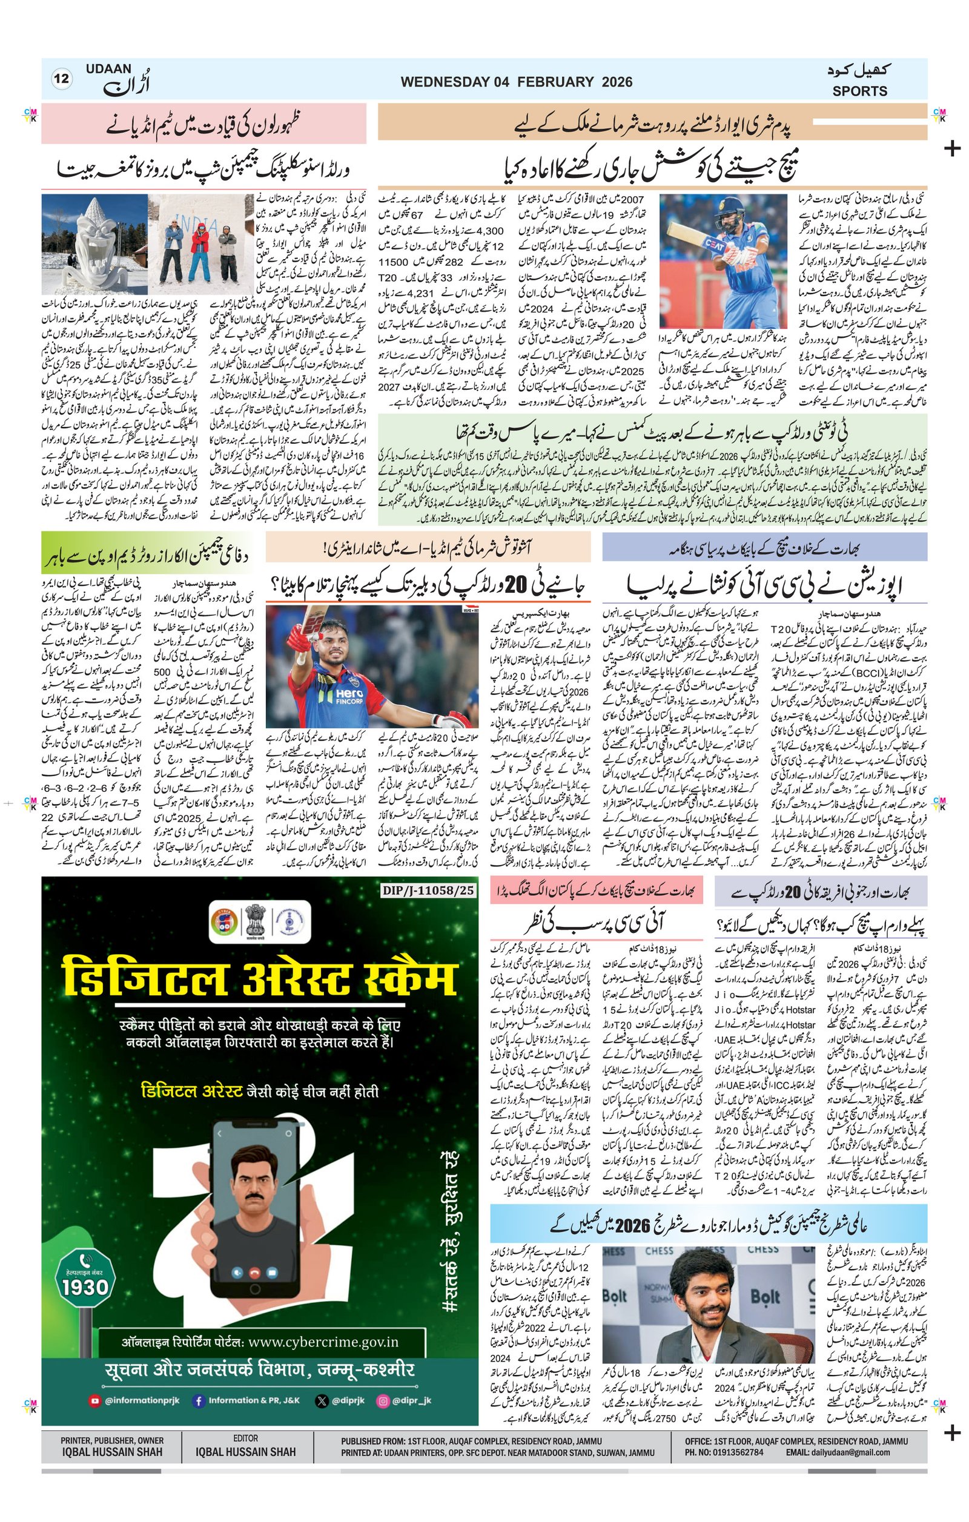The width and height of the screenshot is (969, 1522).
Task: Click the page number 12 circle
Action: point(62,79)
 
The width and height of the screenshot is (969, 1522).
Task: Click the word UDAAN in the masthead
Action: point(110,69)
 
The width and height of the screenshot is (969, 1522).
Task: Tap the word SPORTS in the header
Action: point(859,91)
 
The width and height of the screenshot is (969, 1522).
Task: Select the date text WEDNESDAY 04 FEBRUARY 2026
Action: point(516,82)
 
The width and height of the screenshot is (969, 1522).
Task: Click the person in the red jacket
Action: point(199,252)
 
